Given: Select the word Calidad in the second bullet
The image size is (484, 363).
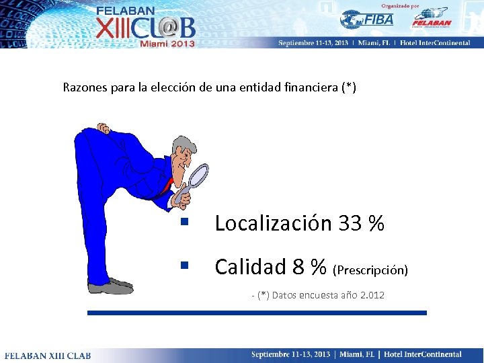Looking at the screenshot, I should click(250, 267).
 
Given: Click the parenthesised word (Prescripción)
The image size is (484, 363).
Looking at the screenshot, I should click(370, 270).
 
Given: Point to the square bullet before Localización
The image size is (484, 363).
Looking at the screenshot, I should click(184, 222).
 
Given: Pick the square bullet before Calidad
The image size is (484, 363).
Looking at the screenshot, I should click(184, 266).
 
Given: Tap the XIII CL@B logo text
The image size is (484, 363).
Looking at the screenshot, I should click(145, 27).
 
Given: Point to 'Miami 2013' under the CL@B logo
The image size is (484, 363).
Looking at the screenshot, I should click(167, 44).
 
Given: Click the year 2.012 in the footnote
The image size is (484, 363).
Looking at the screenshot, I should click(372, 295).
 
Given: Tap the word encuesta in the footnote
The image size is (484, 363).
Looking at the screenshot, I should click(319, 295).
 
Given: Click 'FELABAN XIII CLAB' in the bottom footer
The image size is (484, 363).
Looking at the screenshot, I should click(48, 355).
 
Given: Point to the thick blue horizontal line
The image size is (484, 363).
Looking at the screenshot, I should click(257, 313).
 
